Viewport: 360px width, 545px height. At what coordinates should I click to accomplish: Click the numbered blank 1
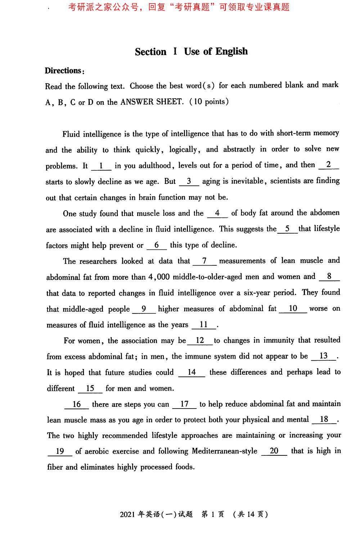[x=101, y=166]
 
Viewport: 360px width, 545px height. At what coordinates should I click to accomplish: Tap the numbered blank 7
[x=204, y=261]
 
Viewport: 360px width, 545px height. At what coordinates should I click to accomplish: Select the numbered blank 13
[x=324, y=356]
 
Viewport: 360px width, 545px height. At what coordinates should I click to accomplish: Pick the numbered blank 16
[x=77, y=404]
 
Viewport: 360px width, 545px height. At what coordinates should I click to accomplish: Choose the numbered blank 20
[x=274, y=451]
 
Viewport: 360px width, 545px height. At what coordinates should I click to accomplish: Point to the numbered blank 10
[x=293, y=308]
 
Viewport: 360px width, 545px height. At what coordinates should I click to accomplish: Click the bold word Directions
[x=63, y=71]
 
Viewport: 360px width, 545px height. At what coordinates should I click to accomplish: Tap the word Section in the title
[x=150, y=52]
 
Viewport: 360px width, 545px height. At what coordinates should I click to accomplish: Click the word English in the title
[x=231, y=51]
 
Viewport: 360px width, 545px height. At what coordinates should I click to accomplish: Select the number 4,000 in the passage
[x=159, y=277]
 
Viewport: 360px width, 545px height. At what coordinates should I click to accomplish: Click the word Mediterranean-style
[x=225, y=451]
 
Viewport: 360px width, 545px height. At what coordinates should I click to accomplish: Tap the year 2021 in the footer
[x=127, y=514]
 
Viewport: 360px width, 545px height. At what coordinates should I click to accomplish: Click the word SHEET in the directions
[x=170, y=102]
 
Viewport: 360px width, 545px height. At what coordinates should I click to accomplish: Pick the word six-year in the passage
[x=257, y=293]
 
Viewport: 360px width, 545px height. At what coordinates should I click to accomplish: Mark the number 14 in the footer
[x=251, y=514]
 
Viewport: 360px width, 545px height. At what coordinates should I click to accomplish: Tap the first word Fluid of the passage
[x=71, y=134]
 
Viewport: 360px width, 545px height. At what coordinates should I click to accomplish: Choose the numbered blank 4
[x=217, y=213]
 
